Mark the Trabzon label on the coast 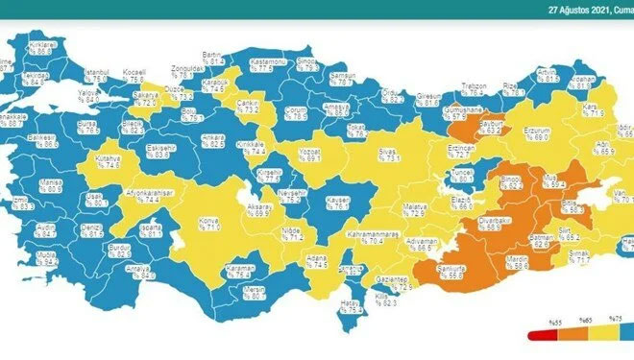[x=473, y=87]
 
